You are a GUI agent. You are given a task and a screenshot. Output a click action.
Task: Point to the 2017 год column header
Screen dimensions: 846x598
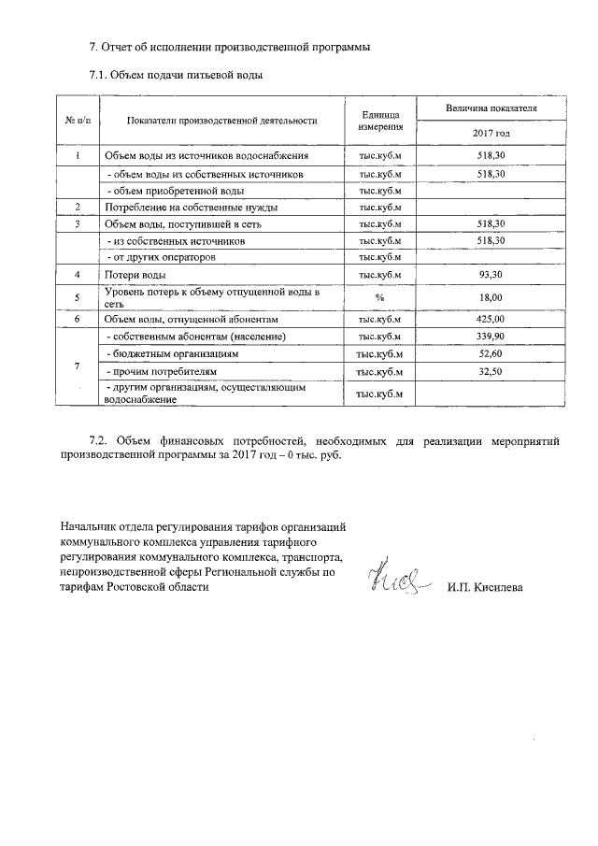click(490, 134)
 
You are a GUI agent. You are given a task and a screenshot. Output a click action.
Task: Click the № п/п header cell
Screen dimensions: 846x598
click(78, 121)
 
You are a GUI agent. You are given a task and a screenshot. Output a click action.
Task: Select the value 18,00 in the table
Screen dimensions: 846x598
click(490, 296)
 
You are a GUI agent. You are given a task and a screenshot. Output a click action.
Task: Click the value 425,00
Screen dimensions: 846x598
click(490, 319)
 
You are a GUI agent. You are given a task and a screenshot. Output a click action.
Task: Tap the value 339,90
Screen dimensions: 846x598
click(490, 336)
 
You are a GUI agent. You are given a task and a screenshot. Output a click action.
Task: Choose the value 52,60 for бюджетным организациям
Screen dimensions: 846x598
click(490, 353)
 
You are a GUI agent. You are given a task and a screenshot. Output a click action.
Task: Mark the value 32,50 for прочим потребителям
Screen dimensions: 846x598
click(490, 371)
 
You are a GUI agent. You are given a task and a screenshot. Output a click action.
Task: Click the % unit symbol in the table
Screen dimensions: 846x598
click(379, 297)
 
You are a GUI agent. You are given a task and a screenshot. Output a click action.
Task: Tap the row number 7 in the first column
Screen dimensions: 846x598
click(78, 365)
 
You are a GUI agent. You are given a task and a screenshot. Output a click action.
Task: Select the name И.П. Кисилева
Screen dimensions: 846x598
click(485, 587)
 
